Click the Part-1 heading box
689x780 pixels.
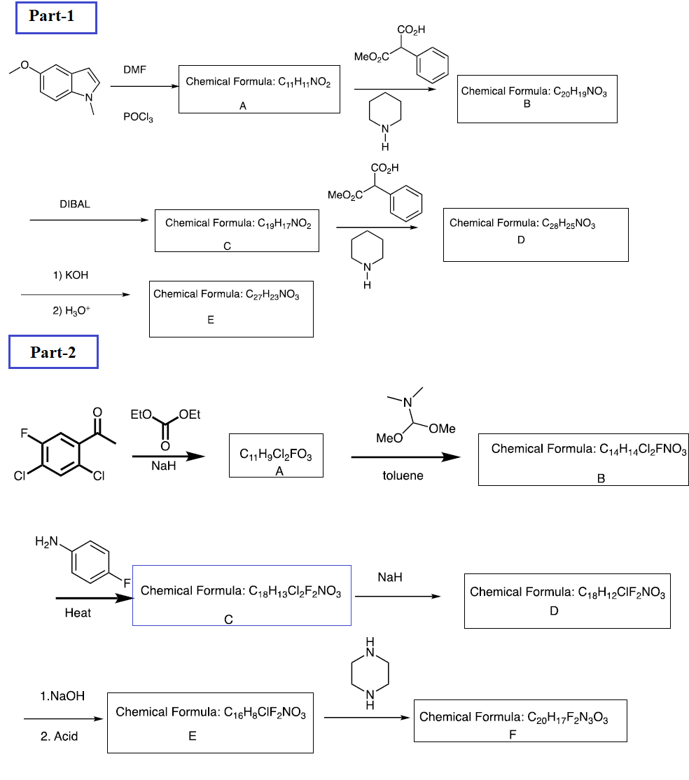[55, 18]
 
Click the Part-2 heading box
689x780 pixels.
[53, 352]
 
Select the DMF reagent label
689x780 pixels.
[134, 69]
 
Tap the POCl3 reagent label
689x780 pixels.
[138, 118]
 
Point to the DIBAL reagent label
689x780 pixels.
[75, 204]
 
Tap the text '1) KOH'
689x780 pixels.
[71, 275]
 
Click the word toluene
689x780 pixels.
[403, 475]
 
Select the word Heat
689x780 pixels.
[78, 613]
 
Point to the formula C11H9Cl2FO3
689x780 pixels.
[275, 456]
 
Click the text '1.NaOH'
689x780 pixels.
[62, 696]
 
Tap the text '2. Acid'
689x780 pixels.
[60, 736]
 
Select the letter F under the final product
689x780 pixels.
[512, 734]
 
